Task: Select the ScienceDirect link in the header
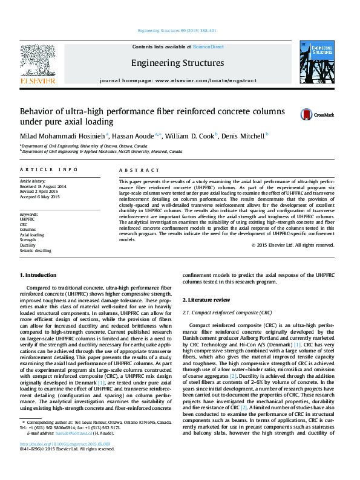coord(208,47)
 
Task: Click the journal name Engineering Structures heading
coord(177,63)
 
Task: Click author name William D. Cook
coord(191,137)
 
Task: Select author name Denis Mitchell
coord(243,137)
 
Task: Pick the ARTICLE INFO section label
coord(49,170)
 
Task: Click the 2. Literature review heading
coord(208,300)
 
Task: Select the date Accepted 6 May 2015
coord(40,197)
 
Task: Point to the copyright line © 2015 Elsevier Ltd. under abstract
coord(293,262)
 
